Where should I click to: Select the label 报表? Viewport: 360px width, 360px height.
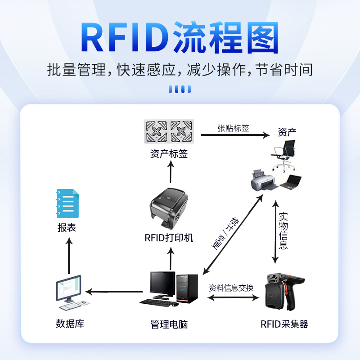(x=67, y=228)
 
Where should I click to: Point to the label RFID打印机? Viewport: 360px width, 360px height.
(x=169, y=238)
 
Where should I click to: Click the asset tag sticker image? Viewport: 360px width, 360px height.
(x=169, y=131)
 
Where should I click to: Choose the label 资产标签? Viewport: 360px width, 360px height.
(x=169, y=154)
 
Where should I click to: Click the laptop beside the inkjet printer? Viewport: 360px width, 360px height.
(x=291, y=181)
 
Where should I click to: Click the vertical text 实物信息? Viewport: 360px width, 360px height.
(x=283, y=230)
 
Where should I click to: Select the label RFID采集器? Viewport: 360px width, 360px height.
(x=284, y=324)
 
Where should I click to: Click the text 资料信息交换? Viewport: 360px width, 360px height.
(x=231, y=288)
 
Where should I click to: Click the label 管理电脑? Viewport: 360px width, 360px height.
(x=169, y=324)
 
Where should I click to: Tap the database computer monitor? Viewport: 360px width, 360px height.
(x=68, y=289)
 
